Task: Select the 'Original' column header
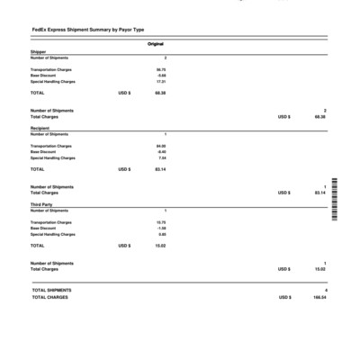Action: (156, 43)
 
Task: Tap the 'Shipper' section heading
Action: (38, 51)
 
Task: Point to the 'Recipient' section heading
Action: (40, 128)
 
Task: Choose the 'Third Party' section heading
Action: (41, 204)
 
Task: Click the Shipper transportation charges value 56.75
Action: (161, 69)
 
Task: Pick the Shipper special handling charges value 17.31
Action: (161, 81)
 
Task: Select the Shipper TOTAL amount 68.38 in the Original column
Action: (160, 93)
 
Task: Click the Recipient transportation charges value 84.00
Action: (161, 145)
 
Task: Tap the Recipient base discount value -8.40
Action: (161, 151)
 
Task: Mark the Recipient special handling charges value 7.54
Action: (162, 157)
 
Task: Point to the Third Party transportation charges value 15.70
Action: (161, 221)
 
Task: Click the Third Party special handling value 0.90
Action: (162, 234)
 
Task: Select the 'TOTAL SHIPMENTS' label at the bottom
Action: (51, 290)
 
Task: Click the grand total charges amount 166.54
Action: (319, 297)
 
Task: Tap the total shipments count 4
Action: (325, 290)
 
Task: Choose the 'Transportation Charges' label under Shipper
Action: (51, 69)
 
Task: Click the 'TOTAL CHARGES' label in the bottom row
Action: (49, 297)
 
